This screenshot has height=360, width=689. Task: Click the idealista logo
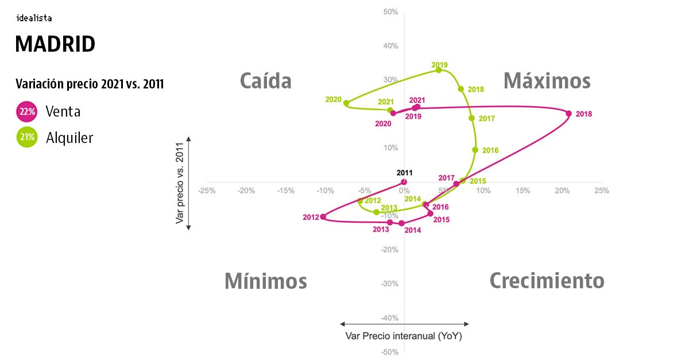point(34,18)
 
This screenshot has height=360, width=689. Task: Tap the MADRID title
point(55,44)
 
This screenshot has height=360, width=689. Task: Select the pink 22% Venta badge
point(27,112)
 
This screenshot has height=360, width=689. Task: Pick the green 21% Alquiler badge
point(27,137)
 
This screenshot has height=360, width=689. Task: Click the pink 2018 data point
point(569,114)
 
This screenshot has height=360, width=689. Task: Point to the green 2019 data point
point(439,70)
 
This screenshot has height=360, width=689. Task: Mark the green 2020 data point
point(346,103)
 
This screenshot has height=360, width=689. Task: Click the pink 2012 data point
point(323,217)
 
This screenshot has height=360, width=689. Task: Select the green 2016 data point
point(475,150)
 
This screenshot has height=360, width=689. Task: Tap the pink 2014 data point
point(401,223)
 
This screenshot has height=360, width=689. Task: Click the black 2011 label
point(404,172)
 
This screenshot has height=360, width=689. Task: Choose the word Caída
point(265,81)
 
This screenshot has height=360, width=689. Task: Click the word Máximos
point(547,81)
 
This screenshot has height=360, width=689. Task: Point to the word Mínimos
point(265,281)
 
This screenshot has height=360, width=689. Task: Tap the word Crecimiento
point(547,281)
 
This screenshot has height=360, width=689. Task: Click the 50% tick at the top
point(390,12)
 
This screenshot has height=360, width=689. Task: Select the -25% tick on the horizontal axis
point(207,191)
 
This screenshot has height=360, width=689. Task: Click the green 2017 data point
point(471,118)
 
